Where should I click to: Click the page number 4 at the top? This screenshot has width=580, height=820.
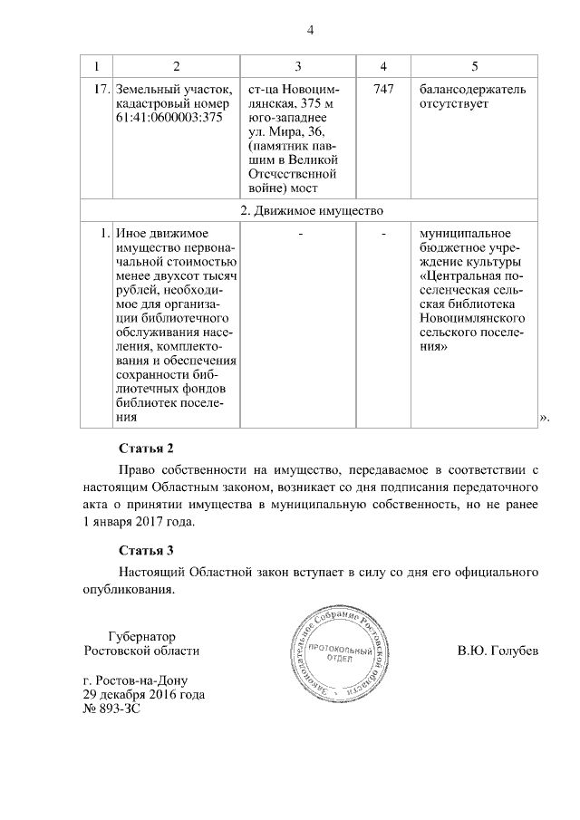[x=310, y=31]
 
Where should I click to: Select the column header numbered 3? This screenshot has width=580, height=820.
[x=297, y=67]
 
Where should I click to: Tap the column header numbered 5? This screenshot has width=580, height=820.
[x=475, y=67]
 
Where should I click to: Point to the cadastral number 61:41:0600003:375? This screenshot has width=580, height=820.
[x=169, y=119]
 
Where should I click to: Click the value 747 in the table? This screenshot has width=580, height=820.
[x=383, y=91]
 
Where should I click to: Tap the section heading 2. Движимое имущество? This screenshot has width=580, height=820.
[x=309, y=210]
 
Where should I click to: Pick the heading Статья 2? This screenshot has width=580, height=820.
[x=145, y=449]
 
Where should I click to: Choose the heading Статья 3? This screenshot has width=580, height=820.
[x=145, y=550]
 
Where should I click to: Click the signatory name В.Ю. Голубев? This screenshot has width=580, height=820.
[x=498, y=651]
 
